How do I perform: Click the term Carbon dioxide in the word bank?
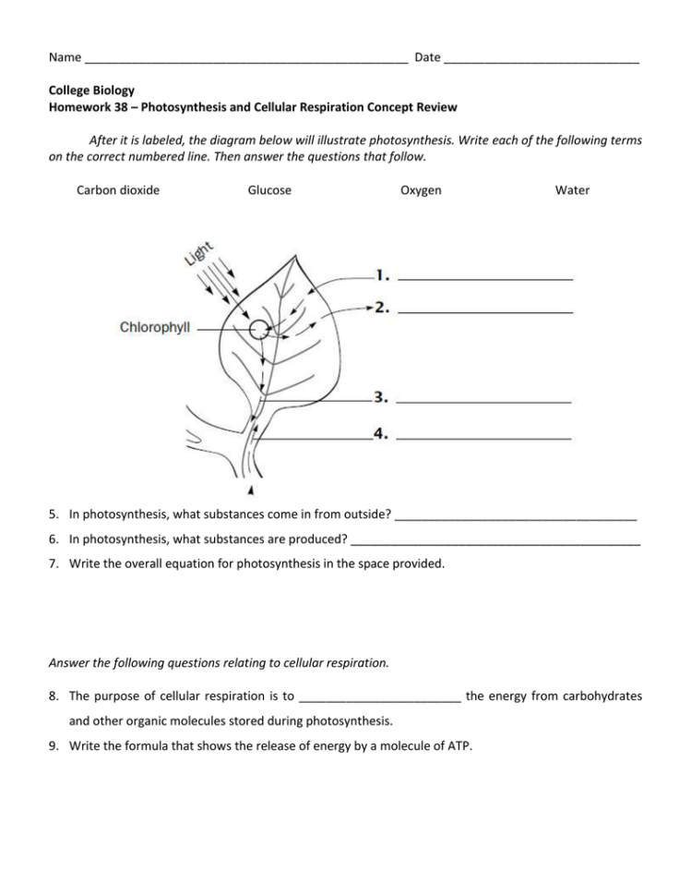click(118, 190)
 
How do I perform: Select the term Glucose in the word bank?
click(269, 190)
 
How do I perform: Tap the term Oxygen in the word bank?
click(421, 190)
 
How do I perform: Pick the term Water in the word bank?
click(572, 190)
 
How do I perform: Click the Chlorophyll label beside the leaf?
click(156, 327)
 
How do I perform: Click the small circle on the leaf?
click(259, 329)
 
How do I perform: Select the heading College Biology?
click(91, 91)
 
